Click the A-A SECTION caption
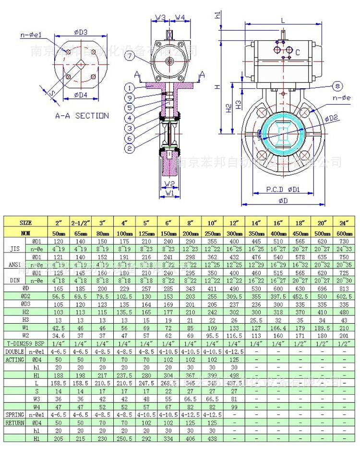[82, 116]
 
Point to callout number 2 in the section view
[129, 149]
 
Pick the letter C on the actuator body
[298, 52]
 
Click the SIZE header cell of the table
[26, 223]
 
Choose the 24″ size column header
[344, 223]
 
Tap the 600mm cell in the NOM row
[344, 232]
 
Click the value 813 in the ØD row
[344, 288]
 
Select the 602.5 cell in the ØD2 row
[344, 296]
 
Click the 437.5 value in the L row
[234, 383]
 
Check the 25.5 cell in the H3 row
[255, 320]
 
